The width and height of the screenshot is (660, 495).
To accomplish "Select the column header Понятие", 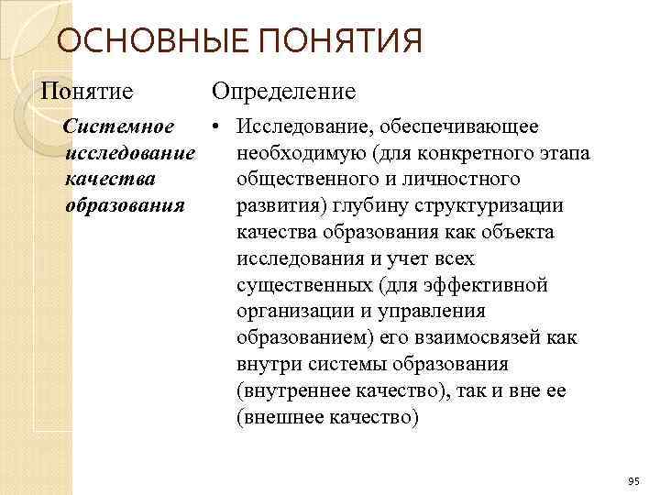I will [86, 91].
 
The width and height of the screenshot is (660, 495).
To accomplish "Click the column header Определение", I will [283, 91].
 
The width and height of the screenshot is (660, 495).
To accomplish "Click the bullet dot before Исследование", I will [212, 126].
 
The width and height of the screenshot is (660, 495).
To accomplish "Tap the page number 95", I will [633, 481].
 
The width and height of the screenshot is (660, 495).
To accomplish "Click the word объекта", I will [515, 232].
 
